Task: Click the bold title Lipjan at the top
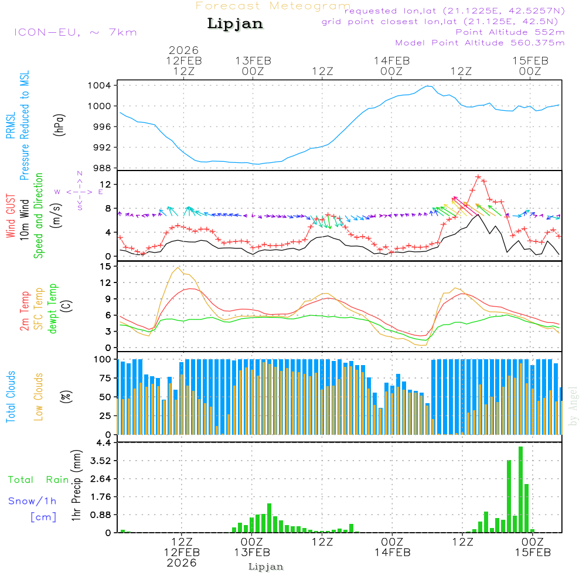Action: [235, 24]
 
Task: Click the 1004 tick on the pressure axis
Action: [103, 86]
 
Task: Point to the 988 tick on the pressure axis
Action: [103, 168]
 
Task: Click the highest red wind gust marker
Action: [478, 176]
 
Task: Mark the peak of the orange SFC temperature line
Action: [178, 268]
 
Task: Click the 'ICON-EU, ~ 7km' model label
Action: [75, 32]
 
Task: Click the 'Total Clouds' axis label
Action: [11, 397]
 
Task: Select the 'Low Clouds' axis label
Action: [39, 397]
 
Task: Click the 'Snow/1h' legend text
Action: [32, 501]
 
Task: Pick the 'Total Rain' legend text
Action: [39, 479]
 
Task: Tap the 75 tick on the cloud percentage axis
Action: [104, 378]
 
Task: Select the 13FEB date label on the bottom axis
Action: [252, 553]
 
